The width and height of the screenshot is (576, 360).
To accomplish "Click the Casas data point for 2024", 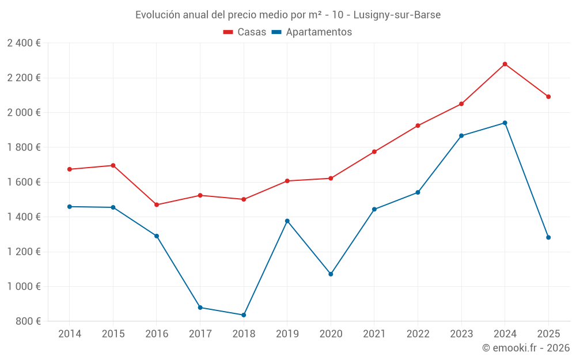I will click(x=505, y=64).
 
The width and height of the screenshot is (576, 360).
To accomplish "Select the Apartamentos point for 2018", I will click(x=244, y=315).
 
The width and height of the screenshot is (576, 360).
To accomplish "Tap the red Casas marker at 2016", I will click(x=157, y=204).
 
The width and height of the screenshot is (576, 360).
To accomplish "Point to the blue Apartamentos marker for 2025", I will click(x=548, y=237).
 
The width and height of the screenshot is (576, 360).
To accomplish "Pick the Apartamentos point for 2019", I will click(x=287, y=221).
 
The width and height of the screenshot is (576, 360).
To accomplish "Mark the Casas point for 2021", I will click(x=374, y=151).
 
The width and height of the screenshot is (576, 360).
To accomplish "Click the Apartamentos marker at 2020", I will click(x=331, y=274).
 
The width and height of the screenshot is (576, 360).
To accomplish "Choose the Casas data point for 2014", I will click(x=70, y=169).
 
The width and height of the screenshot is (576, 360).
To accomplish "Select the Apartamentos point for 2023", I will click(x=461, y=136).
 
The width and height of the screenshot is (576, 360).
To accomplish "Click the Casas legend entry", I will click(x=245, y=32).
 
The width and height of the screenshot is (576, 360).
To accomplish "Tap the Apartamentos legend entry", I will click(x=312, y=32).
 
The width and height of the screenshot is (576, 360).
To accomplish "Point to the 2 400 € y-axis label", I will click(x=24, y=43).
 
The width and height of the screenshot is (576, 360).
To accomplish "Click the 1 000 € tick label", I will click(x=24, y=286).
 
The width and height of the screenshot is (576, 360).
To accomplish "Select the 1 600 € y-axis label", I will click(x=24, y=182).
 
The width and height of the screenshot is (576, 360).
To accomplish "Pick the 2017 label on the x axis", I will click(x=200, y=334).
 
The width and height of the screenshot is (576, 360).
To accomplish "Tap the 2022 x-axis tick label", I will click(x=418, y=334).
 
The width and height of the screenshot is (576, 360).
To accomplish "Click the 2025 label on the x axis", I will click(x=548, y=334).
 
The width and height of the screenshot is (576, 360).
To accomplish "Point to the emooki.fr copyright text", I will click(x=526, y=348).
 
